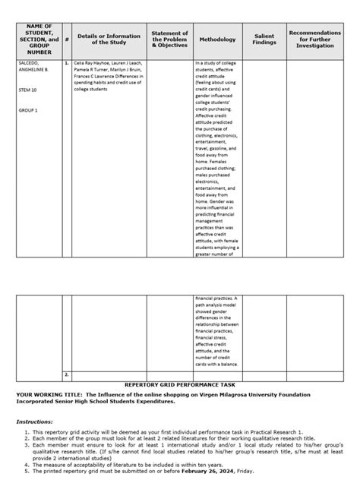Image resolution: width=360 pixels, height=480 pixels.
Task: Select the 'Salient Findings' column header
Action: (264, 39)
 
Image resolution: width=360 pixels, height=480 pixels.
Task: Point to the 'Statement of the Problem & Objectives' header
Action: (170, 39)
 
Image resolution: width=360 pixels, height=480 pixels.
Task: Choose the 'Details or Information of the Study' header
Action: (109, 39)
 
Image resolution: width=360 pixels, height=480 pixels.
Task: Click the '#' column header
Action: (67, 39)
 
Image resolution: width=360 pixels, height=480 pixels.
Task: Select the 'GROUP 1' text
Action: (27, 110)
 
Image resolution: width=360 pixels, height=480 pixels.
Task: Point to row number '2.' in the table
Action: (68, 374)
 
